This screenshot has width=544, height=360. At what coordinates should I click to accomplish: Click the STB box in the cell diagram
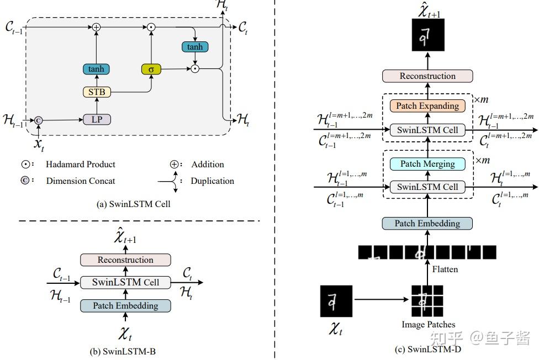pos(97,92)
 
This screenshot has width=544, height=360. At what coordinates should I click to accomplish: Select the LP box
pos(97,119)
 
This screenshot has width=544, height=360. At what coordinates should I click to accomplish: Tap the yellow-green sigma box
pos(150,70)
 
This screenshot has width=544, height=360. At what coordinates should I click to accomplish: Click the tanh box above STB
pos(97,70)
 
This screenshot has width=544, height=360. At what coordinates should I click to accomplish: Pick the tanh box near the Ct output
pos(194,47)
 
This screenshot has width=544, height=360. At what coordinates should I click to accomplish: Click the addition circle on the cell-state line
pos(97,27)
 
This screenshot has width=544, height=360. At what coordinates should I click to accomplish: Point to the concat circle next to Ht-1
pos(39,120)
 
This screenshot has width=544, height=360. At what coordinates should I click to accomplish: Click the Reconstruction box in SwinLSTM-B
pos(125,260)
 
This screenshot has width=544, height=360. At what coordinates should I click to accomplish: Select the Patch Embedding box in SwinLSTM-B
pos(125,305)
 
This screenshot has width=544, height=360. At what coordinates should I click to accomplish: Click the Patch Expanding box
pos(427,105)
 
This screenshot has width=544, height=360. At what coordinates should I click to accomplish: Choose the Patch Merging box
pos(427,163)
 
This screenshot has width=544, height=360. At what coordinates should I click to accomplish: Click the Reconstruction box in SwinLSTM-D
pos(427,76)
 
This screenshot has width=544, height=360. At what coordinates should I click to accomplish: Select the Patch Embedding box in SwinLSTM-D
pos(427,223)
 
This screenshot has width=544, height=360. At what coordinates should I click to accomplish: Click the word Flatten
pos(445,269)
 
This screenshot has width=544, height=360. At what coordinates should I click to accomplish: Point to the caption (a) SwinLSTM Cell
pos(133,204)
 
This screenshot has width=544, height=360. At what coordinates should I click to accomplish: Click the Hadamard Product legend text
pos(81,164)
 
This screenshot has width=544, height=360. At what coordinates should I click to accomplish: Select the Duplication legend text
pos(212,181)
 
